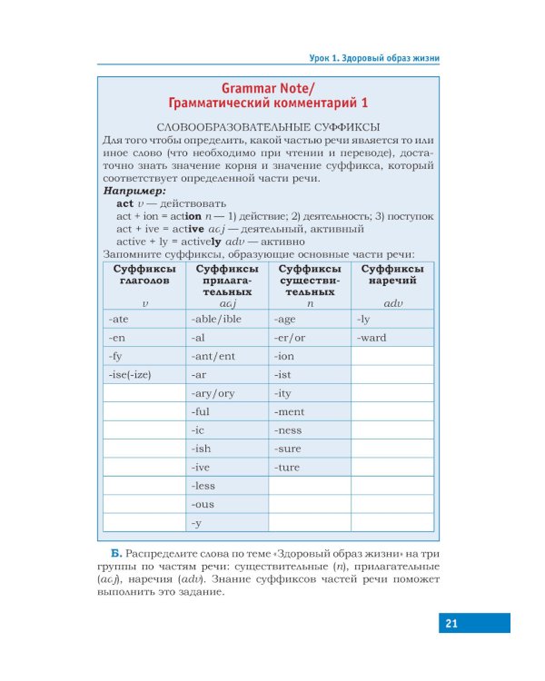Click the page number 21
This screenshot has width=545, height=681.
(451, 623)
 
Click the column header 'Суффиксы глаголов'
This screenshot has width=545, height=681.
(144, 275)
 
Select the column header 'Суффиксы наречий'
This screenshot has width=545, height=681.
(391, 275)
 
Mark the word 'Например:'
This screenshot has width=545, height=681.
(134, 192)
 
